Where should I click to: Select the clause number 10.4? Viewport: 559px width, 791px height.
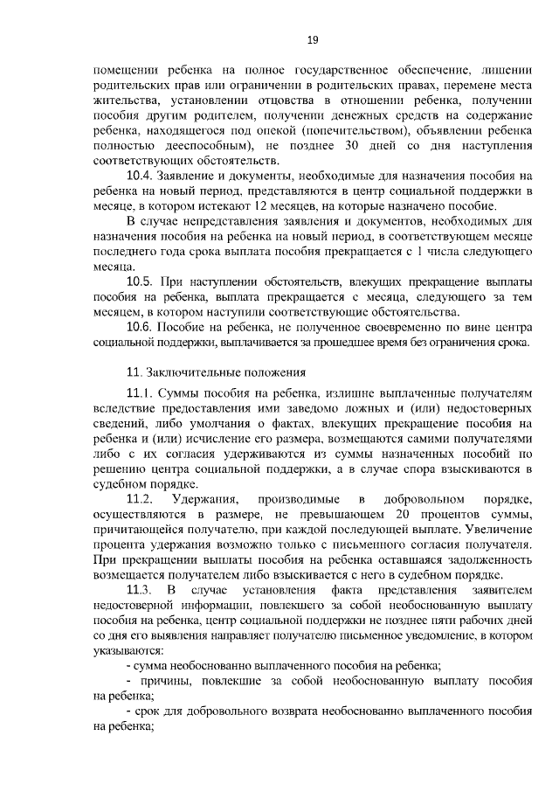pos(141,175)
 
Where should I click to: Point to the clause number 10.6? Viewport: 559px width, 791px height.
pos(141,326)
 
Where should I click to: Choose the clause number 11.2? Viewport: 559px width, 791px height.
pos(141,499)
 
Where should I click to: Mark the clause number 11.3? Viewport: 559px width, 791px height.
pos(141,591)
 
